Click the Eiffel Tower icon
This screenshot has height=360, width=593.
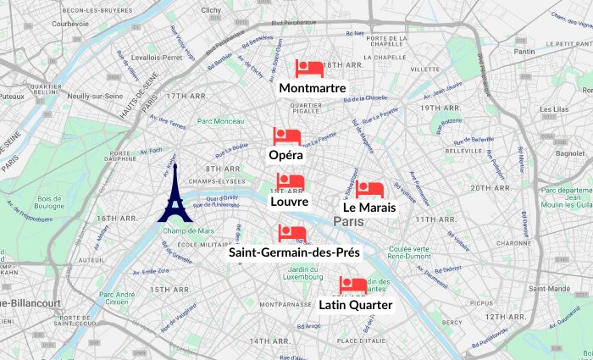click(175, 194)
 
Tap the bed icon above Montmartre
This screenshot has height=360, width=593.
click(309, 69)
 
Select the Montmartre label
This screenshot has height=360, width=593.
click(312, 88)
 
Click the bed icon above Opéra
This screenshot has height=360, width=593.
click(286, 136)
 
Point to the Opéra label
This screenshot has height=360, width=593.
click(286, 156)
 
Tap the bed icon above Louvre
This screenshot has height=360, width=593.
click(290, 182)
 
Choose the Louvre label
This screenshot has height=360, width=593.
click(290, 202)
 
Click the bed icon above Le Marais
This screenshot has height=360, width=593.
click(369, 189)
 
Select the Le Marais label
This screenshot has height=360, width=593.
click(369, 207)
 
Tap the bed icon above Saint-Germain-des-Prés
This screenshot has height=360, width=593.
click(291, 234)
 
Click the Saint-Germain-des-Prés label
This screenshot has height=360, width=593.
click(295, 252)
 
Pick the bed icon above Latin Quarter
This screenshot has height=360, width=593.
click(352, 285)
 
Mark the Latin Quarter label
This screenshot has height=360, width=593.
click(356, 305)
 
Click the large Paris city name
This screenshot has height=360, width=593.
click(348, 221)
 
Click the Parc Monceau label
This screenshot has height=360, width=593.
click(220, 121)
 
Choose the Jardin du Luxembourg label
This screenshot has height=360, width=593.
click(302, 272)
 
